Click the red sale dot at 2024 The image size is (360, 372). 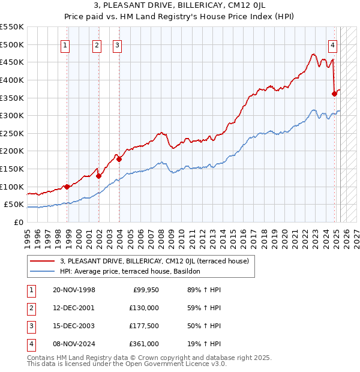pyautogui.click(x=334, y=94)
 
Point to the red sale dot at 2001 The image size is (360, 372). pyautogui.click(x=98, y=176)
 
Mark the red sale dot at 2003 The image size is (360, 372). pyautogui.click(x=119, y=159)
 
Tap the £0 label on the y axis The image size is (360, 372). pyautogui.click(x=19, y=222)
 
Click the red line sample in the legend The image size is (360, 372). pyautogui.click(x=43, y=261)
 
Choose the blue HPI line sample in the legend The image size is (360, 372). pyautogui.click(x=43, y=271)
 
